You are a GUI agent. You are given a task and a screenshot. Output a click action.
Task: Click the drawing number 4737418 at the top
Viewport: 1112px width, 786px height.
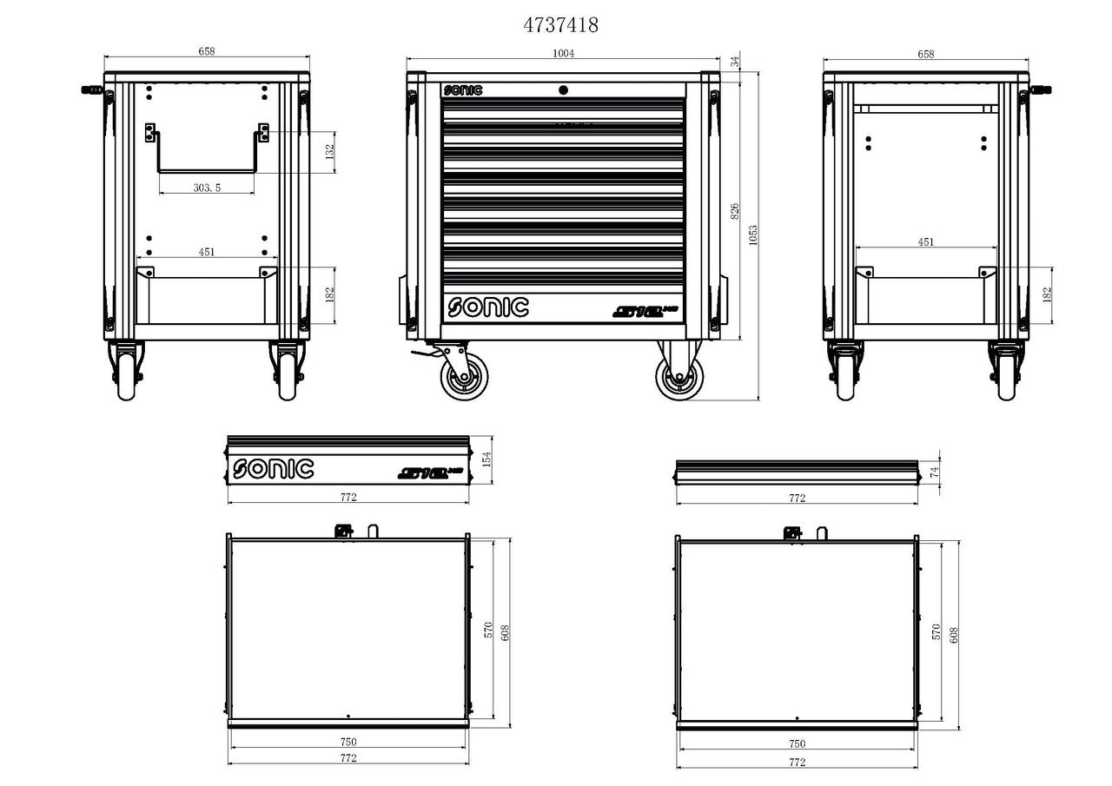tap(560, 25)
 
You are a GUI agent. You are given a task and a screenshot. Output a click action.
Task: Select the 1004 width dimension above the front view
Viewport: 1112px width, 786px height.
tap(564, 54)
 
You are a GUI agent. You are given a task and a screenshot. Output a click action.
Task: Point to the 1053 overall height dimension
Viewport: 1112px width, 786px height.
tap(753, 234)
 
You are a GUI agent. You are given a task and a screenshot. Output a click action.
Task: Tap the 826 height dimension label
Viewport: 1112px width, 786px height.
tap(734, 211)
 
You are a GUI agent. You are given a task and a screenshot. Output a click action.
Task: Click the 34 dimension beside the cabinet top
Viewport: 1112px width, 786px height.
tap(734, 62)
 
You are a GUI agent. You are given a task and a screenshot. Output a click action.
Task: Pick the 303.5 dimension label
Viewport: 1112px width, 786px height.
tap(206, 187)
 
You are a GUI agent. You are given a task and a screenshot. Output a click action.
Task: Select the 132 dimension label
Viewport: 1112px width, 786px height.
tap(329, 150)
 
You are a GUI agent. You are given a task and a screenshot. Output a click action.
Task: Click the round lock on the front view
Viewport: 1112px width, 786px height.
tap(563, 89)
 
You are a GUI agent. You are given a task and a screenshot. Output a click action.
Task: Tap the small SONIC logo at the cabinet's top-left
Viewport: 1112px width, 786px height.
tap(462, 89)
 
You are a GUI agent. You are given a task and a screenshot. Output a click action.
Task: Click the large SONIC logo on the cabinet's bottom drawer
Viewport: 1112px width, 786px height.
tap(487, 307)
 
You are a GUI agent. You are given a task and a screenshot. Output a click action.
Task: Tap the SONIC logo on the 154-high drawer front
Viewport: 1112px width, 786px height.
tap(273, 469)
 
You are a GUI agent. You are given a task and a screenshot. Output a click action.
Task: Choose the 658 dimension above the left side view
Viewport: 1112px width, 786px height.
tap(206, 51)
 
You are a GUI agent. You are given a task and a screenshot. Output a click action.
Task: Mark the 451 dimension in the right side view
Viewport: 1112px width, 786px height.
tap(925, 242)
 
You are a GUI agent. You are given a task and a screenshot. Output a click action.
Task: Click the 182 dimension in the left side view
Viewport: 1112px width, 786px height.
tap(329, 294)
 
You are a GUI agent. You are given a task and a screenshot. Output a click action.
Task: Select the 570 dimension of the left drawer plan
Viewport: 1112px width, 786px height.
tap(488, 631)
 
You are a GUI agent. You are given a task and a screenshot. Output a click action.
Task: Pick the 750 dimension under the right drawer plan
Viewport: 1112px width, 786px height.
tap(797, 743)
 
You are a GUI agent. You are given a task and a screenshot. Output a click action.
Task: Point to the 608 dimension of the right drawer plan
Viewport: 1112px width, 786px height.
tap(953, 636)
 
